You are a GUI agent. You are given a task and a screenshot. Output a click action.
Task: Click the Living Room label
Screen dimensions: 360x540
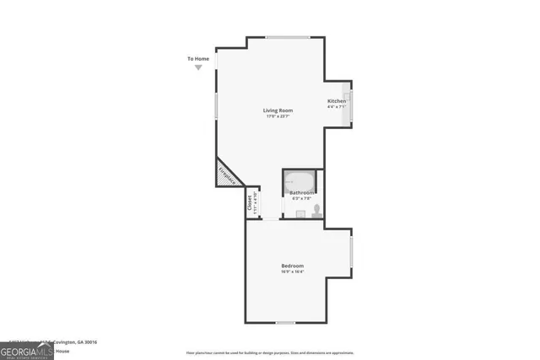point(278,110)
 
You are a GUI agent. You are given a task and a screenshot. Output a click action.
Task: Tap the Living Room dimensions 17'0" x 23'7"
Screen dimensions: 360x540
point(278,116)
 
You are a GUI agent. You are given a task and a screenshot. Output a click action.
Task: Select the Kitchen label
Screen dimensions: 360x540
point(337,101)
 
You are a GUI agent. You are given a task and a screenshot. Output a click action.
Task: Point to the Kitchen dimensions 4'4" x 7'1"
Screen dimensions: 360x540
point(337,107)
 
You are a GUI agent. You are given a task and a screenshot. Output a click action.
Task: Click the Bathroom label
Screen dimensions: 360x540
point(301,193)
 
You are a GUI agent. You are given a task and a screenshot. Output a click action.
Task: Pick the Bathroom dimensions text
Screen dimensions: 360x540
point(301,199)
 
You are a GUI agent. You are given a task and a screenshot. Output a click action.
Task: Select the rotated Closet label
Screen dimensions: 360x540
point(250,203)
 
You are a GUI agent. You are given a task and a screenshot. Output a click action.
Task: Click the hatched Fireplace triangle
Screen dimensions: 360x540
point(226,175)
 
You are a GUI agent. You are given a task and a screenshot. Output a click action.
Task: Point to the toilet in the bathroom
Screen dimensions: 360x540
point(317,210)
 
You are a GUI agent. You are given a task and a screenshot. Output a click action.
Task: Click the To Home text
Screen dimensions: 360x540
point(197,59)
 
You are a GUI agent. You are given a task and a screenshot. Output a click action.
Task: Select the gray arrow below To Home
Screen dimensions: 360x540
point(198,67)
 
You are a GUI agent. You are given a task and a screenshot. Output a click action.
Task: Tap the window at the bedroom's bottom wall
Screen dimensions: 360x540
point(286,323)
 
